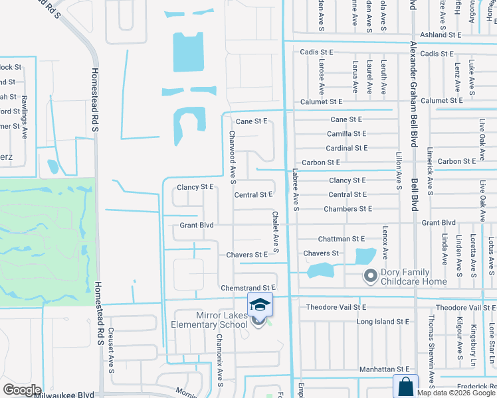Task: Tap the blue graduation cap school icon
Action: click(x=260, y=304)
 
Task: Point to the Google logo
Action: click(x=22, y=390)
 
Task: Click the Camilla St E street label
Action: click(x=348, y=134)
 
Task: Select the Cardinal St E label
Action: click(x=348, y=148)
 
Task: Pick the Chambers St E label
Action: click(x=348, y=209)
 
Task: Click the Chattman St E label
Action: click(x=342, y=238)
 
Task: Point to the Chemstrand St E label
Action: click(x=248, y=287)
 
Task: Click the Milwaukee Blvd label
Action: click(x=66, y=395)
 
